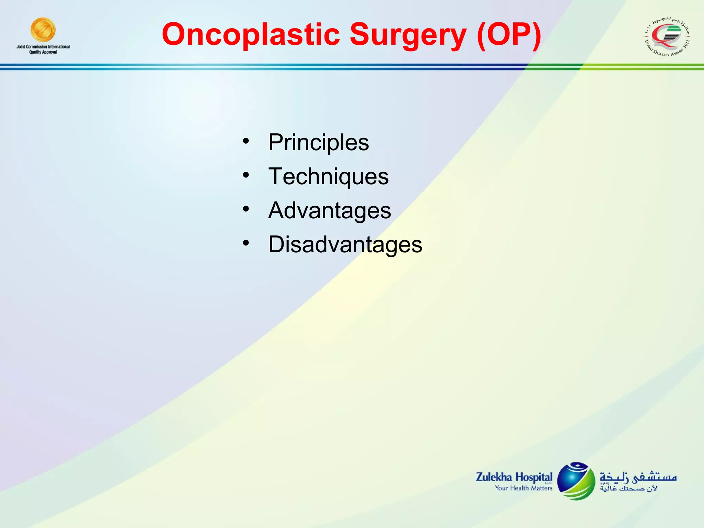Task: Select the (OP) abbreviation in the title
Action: [509, 34]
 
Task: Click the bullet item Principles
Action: [318, 142]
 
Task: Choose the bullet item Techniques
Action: [328, 176]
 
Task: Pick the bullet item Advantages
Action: [329, 210]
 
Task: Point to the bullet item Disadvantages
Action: [345, 244]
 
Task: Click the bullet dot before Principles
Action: [245, 141]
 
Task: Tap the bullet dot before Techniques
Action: [245, 175]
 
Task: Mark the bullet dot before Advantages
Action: [245, 209]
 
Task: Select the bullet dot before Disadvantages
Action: [245, 243]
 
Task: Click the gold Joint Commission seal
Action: [43, 30]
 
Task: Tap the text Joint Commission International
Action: [43, 47]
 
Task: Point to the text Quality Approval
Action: [43, 52]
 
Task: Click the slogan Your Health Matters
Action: [523, 488]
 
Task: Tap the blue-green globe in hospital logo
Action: [576, 481]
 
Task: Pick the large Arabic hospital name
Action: [638, 477]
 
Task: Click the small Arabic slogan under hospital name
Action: [628, 488]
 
